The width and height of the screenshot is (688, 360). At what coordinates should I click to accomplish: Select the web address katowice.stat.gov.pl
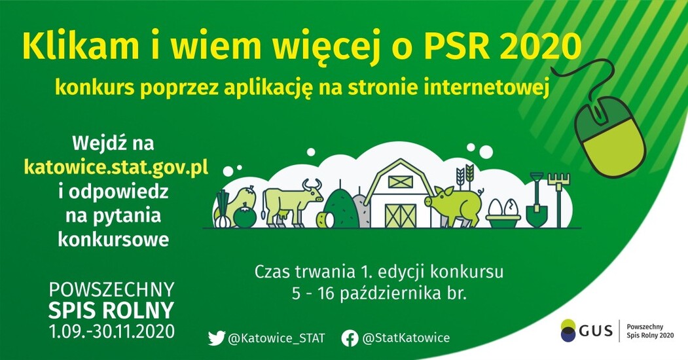[x=116, y=168]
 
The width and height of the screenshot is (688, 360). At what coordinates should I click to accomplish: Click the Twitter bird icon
[x=216, y=338]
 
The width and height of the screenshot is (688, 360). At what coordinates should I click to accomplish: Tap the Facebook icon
[x=350, y=338]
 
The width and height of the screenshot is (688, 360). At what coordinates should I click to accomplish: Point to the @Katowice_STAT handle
[x=276, y=338]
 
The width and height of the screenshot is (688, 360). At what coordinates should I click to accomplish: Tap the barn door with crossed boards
[x=400, y=215]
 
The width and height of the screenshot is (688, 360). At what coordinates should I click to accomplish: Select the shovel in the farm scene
[x=536, y=200]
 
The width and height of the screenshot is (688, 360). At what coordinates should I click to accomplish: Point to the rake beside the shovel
[x=558, y=193]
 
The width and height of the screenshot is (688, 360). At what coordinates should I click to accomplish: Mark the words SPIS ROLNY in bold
[x=112, y=310]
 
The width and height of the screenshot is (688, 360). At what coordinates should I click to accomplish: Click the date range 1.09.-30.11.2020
[x=112, y=331]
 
